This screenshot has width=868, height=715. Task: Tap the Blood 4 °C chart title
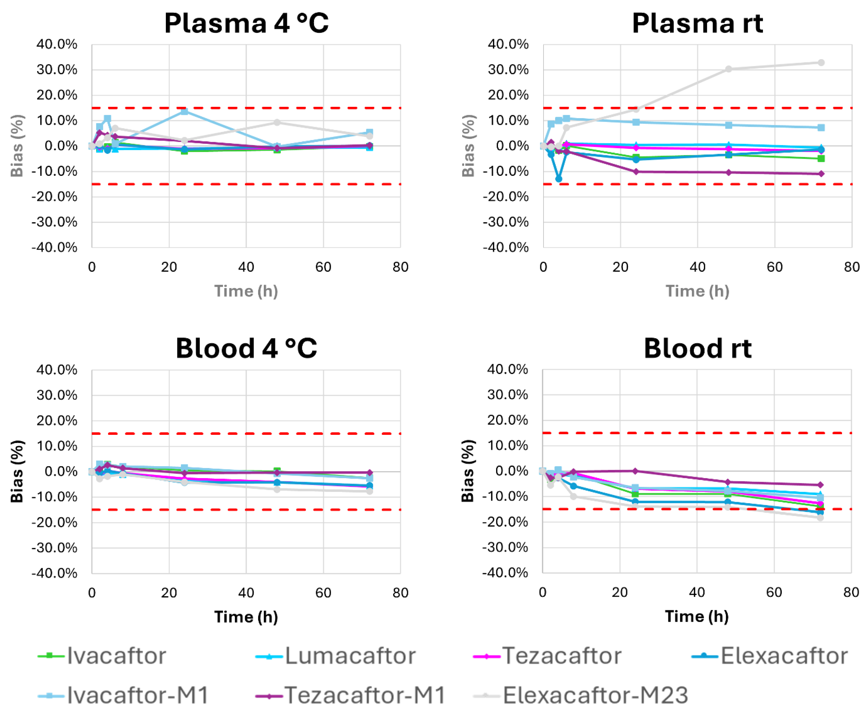point(246,349)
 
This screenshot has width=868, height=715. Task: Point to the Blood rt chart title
point(697,349)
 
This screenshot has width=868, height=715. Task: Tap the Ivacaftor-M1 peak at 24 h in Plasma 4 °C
point(185,111)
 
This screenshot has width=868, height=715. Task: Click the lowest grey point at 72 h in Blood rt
point(820,518)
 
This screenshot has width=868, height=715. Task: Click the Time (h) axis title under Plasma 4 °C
point(246,291)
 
